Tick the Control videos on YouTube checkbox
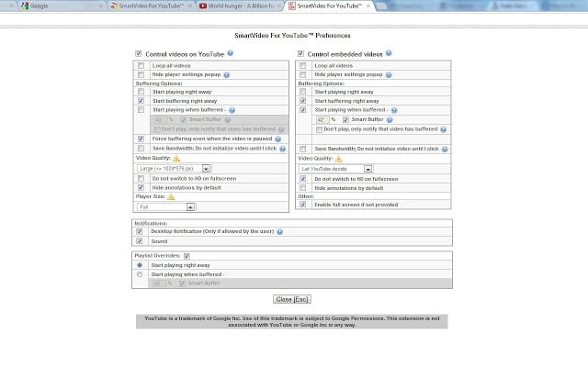(139, 54)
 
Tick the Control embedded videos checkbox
(300, 54)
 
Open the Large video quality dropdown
(174, 168)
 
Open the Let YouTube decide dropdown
(335, 168)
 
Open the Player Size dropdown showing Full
(174, 206)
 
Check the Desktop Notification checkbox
(140, 231)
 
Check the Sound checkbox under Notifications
(140, 240)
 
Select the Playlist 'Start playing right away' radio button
(140, 264)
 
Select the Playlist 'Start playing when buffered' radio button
(140, 273)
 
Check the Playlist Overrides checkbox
(187, 255)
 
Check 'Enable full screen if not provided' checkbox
(302, 205)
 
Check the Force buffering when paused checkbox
(141, 139)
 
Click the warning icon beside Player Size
(171, 196)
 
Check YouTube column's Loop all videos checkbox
(141, 66)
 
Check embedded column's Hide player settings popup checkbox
(302, 74)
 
